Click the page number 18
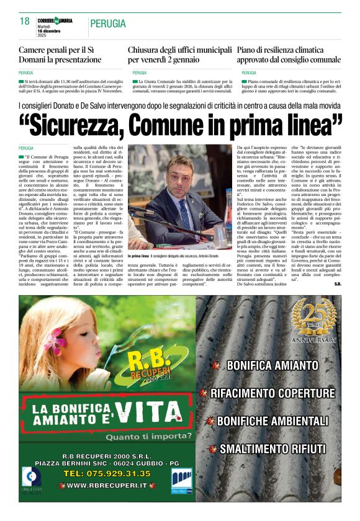(x=25, y=21)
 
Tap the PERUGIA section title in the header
(x=107, y=24)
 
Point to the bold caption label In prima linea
(x=138, y=256)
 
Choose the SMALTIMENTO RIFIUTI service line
(x=272, y=448)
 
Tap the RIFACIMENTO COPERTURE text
(x=272, y=393)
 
